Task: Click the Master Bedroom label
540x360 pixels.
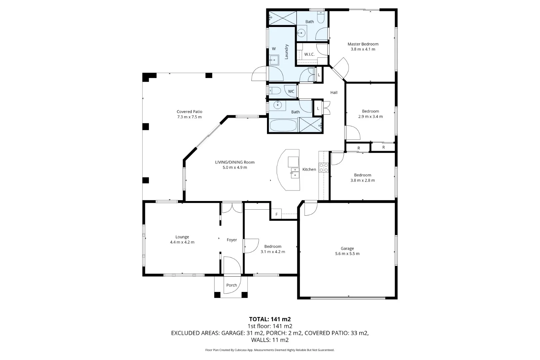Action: pos(363,44)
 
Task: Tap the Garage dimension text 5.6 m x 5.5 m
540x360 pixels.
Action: pos(347,254)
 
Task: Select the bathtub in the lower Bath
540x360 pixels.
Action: pos(283,126)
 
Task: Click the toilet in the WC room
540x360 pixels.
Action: pos(275,91)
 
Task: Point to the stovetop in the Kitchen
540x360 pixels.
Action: pos(323,167)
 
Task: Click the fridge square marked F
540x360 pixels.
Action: pos(276,214)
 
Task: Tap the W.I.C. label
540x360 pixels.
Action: pos(309,54)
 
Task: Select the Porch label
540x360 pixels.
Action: pos(231,285)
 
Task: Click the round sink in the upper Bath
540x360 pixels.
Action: pos(301,33)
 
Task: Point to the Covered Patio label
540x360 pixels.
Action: pos(189,112)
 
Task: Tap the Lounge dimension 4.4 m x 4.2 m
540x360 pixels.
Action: pos(182,242)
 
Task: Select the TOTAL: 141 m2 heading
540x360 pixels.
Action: pos(270,319)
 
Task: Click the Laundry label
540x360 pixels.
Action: pos(286,52)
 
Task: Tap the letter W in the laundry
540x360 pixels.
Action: pos(274,49)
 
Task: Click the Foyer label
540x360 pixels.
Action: pos(232,240)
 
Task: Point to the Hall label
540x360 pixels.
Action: pos(334,93)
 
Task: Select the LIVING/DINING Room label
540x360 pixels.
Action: pos(235,162)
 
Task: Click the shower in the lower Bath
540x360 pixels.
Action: pos(311,125)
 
